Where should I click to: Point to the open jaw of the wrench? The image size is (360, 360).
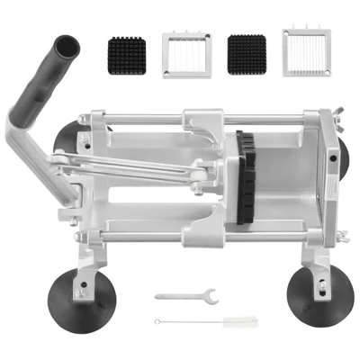click(x=207, y=292)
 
